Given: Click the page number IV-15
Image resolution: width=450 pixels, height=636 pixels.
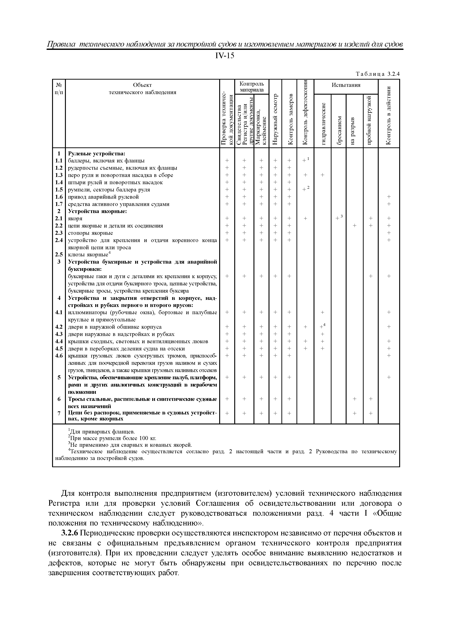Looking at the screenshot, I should [225, 56].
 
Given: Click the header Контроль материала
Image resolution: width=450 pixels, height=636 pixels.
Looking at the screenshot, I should [251, 87].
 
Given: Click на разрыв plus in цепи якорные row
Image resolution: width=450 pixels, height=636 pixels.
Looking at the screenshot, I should [354, 226].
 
